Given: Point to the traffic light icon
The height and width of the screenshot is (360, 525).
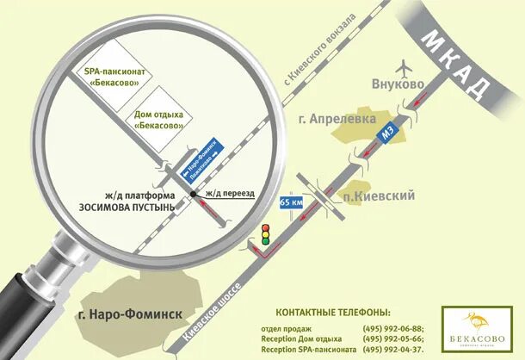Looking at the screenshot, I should click(265, 233).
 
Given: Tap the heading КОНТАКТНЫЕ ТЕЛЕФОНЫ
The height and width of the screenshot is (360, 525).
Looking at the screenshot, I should click(332, 312).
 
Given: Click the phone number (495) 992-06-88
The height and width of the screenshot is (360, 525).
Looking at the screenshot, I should click(393, 329).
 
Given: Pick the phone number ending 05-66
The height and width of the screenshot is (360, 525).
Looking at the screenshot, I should click(393, 339).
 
